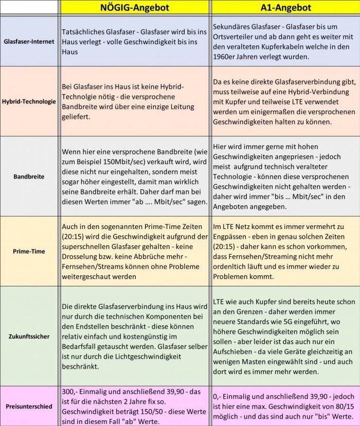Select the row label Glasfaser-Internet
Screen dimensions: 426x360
point(29,41)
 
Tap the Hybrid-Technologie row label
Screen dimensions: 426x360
point(29,101)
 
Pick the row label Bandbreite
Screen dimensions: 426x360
point(29,176)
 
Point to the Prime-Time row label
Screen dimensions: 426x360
point(29,252)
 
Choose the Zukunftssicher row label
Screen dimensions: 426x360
point(29,336)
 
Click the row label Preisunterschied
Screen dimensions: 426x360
point(29,406)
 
